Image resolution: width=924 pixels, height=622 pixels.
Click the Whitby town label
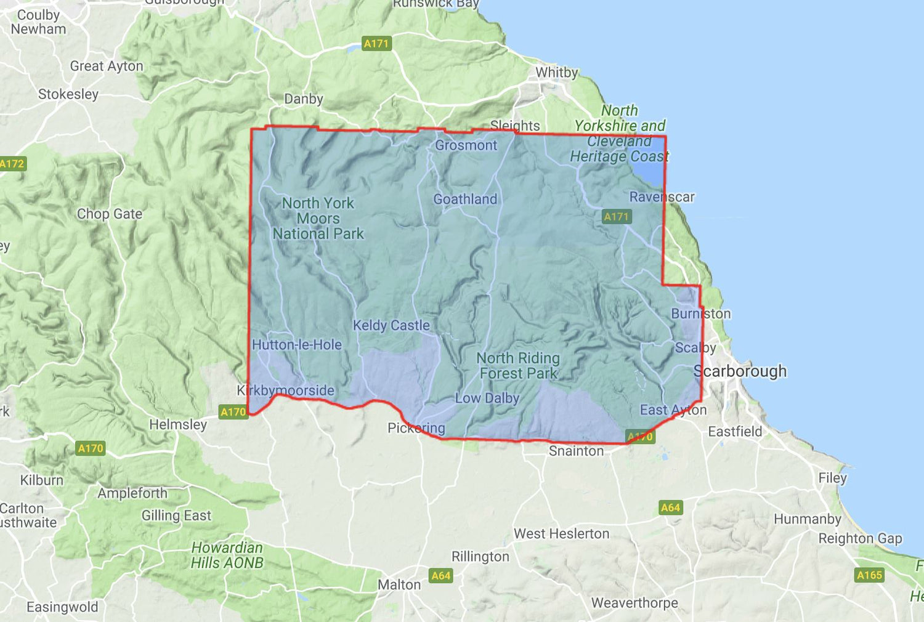[x=557, y=73]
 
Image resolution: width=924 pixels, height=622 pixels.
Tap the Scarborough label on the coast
[x=740, y=371]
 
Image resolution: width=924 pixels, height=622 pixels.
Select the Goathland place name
[x=465, y=200]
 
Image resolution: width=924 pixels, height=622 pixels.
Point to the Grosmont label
[x=466, y=145]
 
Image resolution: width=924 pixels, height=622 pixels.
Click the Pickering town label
[x=416, y=428]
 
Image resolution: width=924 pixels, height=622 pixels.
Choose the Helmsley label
[x=178, y=424]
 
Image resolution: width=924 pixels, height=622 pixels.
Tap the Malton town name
[x=399, y=584]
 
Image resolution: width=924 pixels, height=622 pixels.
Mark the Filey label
[x=832, y=478]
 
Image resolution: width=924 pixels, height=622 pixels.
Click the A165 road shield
[x=870, y=575]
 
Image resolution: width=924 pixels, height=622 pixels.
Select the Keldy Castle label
[x=391, y=325]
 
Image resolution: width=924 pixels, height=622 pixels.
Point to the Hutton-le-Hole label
[x=297, y=345]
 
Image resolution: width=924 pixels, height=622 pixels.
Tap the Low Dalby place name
[x=487, y=398]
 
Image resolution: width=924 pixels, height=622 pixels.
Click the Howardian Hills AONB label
[x=227, y=555]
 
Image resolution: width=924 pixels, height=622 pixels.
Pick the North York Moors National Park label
[x=318, y=219]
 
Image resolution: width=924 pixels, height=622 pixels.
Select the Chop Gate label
[x=110, y=214]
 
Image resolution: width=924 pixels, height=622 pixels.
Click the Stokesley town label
[x=68, y=94]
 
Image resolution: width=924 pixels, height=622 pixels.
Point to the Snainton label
[x=576, y=451]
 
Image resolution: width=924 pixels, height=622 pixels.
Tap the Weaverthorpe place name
[x=634, y=603]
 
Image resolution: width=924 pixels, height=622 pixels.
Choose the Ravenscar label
[x=662, y=197]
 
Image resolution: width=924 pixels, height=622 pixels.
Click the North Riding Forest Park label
[x=518, y=366]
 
